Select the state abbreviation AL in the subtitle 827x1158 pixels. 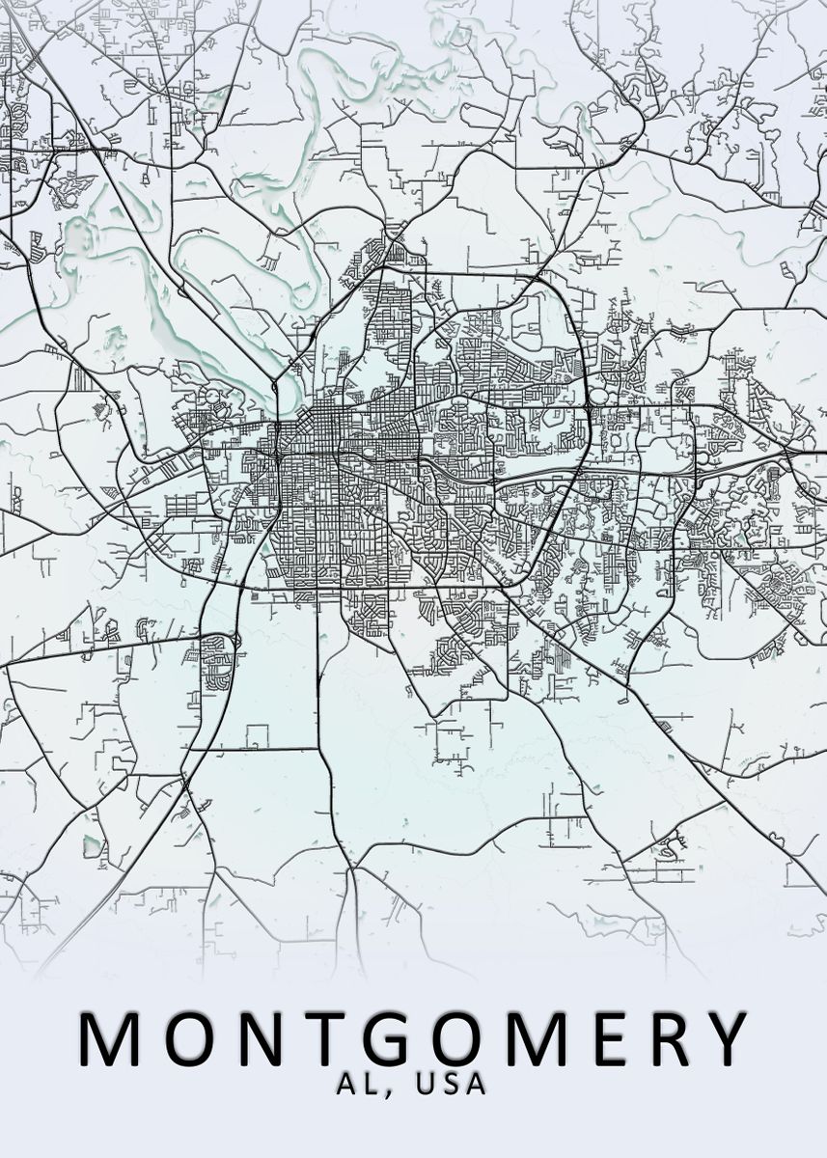(359, 1085)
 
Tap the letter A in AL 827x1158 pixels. (347, 1085)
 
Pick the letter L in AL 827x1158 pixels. (371, 1085)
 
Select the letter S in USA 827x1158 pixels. (450, 1085)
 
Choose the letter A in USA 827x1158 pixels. (475, 1085)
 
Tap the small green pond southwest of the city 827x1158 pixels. (93, 846)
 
